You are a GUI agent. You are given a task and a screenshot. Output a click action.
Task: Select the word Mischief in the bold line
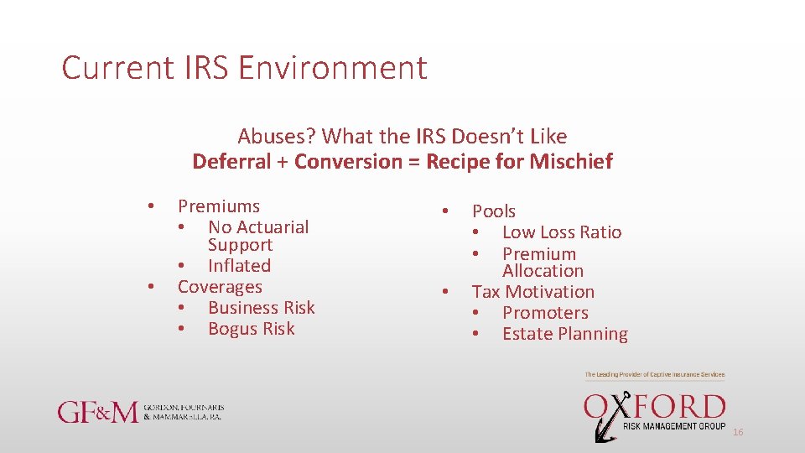573,161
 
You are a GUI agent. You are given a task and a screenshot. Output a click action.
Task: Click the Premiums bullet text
219,206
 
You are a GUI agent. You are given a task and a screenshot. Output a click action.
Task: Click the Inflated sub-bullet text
239,266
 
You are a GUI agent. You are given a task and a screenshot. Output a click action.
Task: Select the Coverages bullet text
220,287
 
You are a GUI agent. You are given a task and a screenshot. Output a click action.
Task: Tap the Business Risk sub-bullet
261,308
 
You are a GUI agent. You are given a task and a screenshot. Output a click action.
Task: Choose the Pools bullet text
494,211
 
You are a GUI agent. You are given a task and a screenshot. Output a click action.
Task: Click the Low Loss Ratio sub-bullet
562,232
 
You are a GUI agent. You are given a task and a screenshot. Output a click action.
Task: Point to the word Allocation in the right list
543,271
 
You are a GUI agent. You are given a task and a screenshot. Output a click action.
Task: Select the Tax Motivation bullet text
532,292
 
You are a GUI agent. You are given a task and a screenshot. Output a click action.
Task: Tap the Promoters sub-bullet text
545,313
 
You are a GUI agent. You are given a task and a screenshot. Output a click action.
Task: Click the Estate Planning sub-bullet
564,334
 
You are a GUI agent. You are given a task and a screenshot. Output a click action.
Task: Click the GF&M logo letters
97,412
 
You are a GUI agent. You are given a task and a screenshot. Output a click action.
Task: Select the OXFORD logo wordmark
654,408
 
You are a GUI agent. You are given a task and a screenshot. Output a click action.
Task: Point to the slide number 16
738,432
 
